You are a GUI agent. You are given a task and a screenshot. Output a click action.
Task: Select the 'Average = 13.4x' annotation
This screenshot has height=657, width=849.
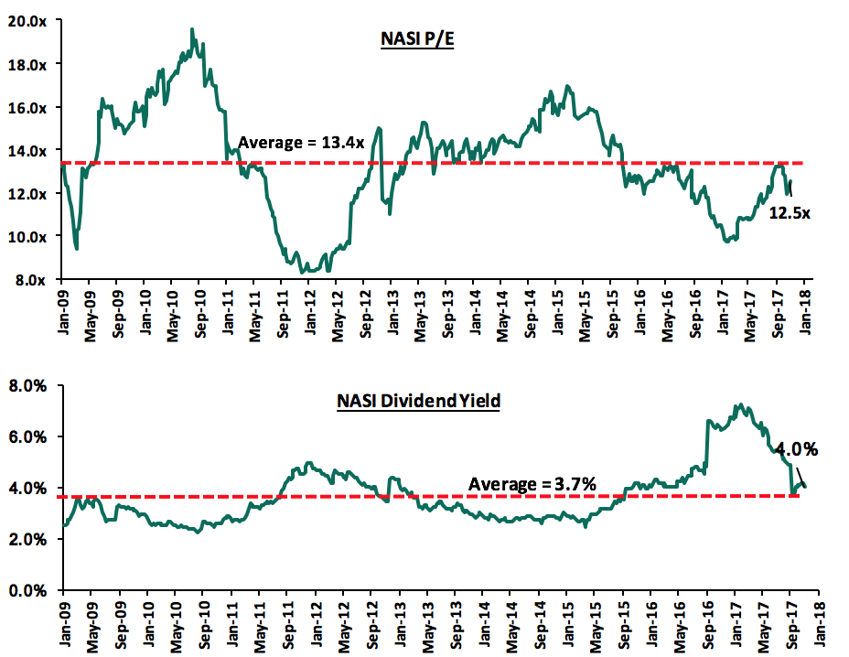[x=301, y=143]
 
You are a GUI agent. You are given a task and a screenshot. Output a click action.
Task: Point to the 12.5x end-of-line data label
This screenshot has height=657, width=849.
[x=790, y=212]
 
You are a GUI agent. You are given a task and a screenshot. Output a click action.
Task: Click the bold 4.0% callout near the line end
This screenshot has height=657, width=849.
[x=796, y=449]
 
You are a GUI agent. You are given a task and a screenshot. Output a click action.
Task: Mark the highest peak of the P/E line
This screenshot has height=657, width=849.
[x=192, y=29]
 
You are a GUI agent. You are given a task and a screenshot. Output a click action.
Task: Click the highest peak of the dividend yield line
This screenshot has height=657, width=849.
[x=738, y=404]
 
